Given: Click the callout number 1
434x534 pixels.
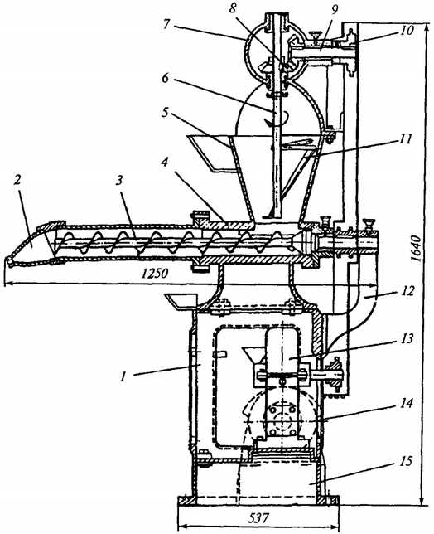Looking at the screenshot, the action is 124,376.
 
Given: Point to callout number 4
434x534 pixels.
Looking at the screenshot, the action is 165,163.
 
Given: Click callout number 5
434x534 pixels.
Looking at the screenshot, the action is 165,113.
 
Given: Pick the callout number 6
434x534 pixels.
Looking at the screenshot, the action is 166,78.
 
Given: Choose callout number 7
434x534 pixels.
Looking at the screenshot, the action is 166,25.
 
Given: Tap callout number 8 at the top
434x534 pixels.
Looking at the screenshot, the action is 233,8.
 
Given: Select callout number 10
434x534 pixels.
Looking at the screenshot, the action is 406,30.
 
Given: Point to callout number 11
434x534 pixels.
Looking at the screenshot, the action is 405,138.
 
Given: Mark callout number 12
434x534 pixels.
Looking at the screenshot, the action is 406,292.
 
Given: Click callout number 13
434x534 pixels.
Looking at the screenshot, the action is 405,338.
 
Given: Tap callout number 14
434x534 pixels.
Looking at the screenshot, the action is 405,403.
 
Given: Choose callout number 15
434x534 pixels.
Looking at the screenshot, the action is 405,461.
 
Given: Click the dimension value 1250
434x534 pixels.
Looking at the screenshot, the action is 155,273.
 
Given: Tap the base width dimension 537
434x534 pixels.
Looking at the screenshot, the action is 258,519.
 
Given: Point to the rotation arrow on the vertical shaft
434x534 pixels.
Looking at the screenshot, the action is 276,119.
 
